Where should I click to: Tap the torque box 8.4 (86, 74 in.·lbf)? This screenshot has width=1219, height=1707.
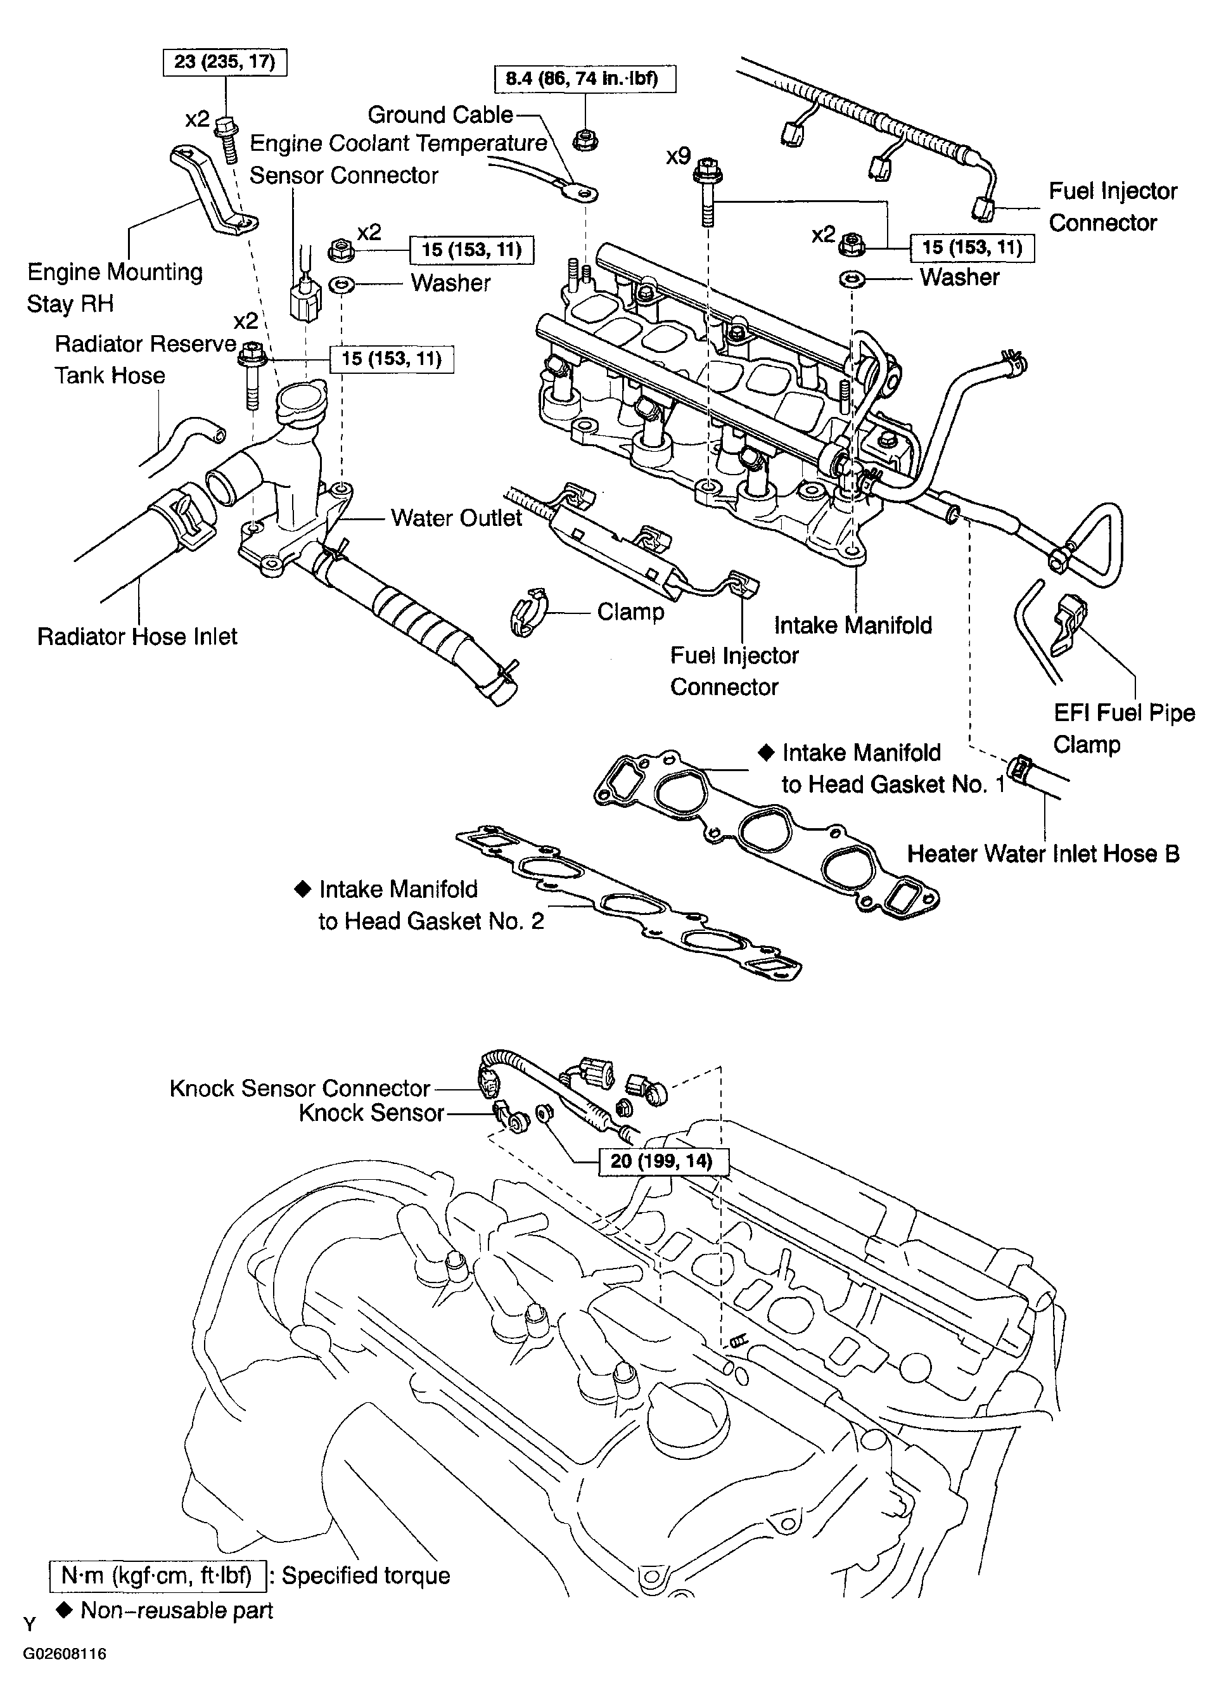tap(585, 79)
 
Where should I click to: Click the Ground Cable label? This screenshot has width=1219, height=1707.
tap(440, 115)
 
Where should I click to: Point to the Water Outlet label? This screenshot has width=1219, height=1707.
tap(456, 518)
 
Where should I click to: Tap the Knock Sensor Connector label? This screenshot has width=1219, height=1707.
tap(300, 1089)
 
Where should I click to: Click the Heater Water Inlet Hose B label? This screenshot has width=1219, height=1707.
tap(1043, 853)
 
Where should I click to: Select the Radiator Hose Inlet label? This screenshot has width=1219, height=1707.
tap(137, 637)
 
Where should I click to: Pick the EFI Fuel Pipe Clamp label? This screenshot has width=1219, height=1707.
tap(1124, 728)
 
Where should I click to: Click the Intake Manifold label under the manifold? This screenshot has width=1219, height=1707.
tap(853, 625)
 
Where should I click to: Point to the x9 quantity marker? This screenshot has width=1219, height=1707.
tap(678, 156)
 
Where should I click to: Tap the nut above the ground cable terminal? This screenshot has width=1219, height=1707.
tap(585, 139)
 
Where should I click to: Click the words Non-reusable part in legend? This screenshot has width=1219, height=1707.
tap(176, 1610)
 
